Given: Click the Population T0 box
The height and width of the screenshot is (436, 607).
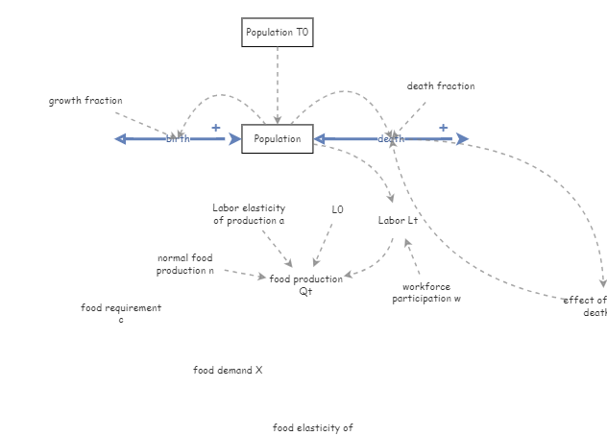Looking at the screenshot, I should coord(277,33).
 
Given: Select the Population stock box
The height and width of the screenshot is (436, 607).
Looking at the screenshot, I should coord(277,139).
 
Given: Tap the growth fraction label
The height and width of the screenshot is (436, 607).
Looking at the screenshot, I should coord(85,101).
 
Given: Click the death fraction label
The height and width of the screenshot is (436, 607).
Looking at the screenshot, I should coord(440,86).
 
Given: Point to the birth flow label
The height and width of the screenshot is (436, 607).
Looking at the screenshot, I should coord(179,139).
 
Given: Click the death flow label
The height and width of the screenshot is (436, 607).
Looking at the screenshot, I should coord(390,139).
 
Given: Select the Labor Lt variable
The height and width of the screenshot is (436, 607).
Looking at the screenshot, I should coord(398,220).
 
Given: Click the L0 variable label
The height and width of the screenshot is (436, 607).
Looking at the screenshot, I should coord(337,209).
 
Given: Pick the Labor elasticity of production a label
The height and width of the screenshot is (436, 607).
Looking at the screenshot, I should coord(249,214).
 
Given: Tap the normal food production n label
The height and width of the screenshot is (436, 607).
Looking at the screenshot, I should coord(184,264).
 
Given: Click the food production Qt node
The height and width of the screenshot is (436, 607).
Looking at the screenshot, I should coord(305,284).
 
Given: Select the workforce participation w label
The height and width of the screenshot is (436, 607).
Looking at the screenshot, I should coord(425,292).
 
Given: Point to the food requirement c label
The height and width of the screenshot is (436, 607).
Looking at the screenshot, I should coord(121,314).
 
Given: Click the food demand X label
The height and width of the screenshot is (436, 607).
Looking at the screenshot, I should coord(228,370).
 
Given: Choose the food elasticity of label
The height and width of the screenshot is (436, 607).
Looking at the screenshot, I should coord(312,428).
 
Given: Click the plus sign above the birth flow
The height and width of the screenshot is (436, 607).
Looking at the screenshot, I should coord(215,128).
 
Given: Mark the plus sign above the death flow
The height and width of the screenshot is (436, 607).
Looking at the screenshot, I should coord(443,128).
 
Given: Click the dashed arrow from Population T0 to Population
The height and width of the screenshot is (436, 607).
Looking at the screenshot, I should coord(278,86).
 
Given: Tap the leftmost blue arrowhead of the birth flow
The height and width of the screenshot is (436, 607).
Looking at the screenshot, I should coord(120,139).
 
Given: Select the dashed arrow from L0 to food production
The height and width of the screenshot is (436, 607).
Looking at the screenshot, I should coord(324,244).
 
